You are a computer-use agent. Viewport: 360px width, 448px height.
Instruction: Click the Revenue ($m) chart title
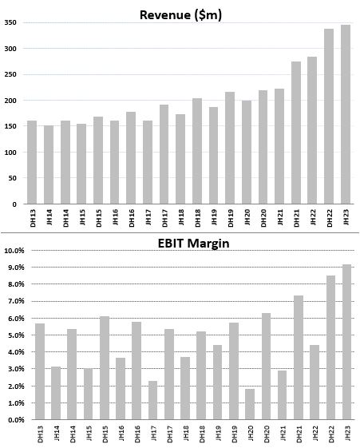180,15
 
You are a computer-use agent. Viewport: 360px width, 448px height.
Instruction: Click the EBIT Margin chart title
193,244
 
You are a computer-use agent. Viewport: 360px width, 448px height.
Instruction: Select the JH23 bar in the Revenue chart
346,114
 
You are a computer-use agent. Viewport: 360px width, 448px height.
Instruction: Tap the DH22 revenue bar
329,117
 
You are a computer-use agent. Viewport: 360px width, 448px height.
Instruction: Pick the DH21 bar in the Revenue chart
296,133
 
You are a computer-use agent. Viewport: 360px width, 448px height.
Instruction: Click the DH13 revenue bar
32,162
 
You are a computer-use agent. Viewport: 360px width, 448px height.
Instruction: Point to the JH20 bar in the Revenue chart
247,153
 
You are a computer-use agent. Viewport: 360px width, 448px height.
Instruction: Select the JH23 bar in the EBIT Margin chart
346,342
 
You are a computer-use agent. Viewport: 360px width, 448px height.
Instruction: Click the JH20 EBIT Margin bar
250,404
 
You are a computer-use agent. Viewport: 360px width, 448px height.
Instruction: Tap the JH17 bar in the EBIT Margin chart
152,400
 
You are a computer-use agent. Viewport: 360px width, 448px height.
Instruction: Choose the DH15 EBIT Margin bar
105,368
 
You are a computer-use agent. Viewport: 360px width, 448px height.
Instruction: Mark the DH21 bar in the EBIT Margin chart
299,358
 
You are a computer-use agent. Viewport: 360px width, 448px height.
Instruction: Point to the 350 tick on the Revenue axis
10,22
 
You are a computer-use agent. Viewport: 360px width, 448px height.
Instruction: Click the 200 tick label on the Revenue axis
10,101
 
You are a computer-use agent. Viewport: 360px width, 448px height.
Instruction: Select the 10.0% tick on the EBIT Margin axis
14,251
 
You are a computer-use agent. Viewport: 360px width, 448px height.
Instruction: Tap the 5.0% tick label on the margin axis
16,335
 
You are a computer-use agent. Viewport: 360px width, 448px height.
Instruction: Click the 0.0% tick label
16,420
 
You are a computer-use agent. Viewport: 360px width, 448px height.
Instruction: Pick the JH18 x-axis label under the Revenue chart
180,217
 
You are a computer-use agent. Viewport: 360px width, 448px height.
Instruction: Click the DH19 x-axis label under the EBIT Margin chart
234,434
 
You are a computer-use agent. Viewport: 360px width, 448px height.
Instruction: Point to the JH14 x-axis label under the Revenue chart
49,217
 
